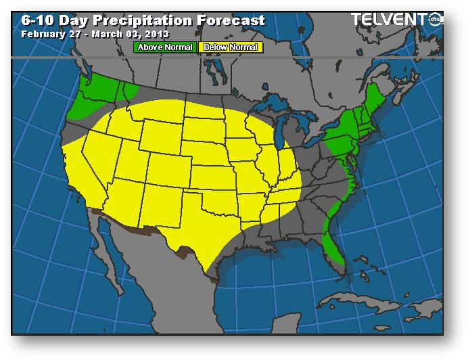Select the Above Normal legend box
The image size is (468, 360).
point(165,47)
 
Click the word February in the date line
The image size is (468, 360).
point(45,33)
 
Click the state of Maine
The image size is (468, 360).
point(379,95)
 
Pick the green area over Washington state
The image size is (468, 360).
point(98,91)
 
